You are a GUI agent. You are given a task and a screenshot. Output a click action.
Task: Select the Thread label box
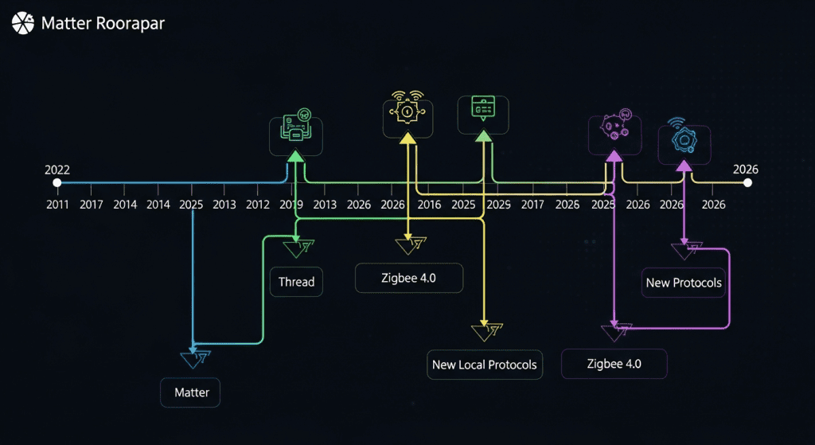296,282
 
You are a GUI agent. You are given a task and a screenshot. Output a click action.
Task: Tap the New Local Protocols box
484,365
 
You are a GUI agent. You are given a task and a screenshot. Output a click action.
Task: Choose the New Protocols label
684,283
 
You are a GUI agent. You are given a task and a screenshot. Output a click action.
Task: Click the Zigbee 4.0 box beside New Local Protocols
614,365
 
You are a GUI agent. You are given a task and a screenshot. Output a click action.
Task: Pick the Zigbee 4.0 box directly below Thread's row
408,279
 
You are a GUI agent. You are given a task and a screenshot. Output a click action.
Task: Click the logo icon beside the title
22,22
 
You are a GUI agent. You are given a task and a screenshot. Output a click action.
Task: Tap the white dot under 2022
57,183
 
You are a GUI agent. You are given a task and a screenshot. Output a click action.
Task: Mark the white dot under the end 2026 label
747,183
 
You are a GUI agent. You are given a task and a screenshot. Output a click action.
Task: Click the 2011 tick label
57,205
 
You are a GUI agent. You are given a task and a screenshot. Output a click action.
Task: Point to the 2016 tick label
428,205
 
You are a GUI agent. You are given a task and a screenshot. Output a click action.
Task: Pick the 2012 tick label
257,205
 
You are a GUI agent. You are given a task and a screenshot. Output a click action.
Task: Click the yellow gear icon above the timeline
407,116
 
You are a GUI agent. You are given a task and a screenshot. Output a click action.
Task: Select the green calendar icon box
483,115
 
